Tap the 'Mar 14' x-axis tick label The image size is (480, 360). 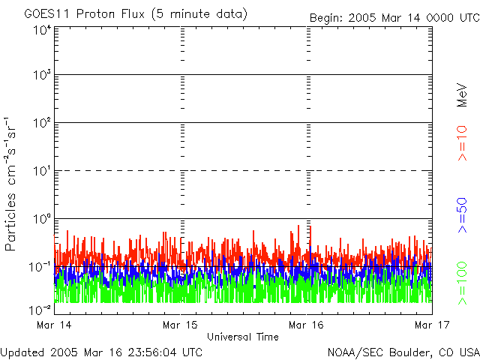54,325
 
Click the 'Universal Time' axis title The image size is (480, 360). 242,337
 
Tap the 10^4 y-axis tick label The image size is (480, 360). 42,30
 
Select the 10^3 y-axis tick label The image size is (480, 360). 42,75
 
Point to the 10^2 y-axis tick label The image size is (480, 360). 42,123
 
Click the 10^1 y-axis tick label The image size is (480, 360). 42,171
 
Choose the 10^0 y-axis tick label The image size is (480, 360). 42,219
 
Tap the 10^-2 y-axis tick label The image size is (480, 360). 40,309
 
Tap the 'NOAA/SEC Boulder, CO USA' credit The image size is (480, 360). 403,352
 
